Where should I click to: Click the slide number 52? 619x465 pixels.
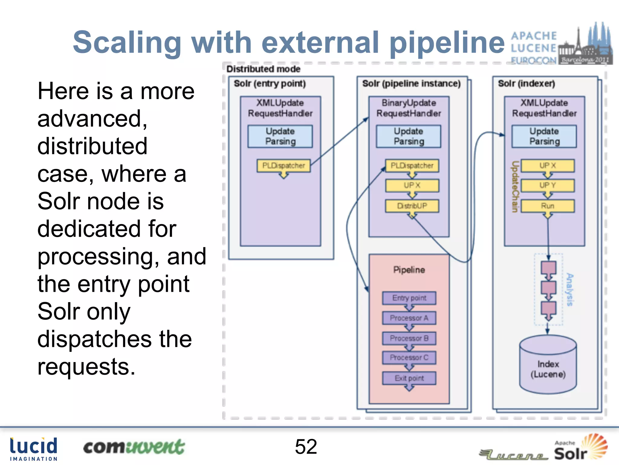click(306, 447)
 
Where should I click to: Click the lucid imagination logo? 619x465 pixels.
click(34, 449)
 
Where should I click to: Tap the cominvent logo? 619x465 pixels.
click(134, 447)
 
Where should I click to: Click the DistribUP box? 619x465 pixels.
click(412, 206)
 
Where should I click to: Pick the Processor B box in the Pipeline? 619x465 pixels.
click(409, 338)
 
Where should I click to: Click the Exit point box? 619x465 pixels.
click(409, 378)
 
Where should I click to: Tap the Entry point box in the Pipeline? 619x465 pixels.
click(409, 298)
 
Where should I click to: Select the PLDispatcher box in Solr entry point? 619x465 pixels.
click(284, 166)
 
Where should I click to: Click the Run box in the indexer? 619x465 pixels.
click(547, 206)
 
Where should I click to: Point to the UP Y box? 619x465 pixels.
click(547, 185)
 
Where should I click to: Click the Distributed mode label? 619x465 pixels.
click(263, 69)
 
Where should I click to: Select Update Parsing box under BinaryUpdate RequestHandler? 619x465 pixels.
click(409, 137)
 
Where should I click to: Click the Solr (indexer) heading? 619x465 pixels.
click(526, 84)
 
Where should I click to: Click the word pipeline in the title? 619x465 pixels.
click(447, 43)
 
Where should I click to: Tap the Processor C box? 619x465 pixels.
click(409, 358)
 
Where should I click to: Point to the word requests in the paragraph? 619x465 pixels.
click(86, 367)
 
